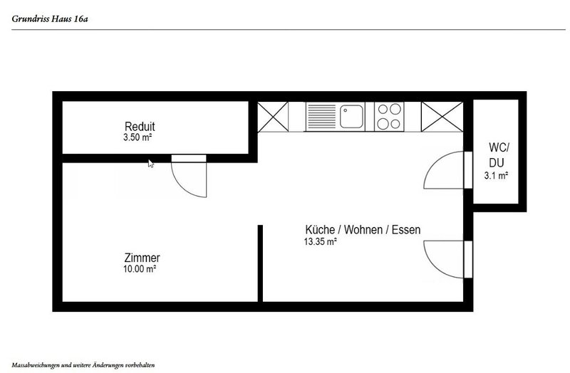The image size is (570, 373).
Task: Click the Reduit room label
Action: tap(140, 127)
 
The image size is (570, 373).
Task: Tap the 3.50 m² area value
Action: tap(138, 137)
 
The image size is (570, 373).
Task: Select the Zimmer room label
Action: tap(142, 258)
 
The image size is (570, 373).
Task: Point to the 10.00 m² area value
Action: tap(140, 269)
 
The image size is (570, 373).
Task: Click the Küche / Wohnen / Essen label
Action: tap(363, 229)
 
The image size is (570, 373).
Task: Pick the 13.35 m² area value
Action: tap(320, 241)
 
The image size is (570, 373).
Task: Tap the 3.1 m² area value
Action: tap(496, 176)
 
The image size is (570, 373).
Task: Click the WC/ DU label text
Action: tap(499, 155)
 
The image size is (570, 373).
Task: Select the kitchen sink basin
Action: tap(351, 117)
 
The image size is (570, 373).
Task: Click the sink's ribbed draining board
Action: tap(321, 117)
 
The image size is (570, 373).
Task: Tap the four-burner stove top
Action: tap(389, 117)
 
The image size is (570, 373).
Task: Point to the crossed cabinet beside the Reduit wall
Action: tap(273, 117)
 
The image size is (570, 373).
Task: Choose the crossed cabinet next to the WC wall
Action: tap(442, 117)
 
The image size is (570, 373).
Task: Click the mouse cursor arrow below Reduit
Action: tap(150, 164)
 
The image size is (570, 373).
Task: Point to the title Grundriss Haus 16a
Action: tap(50, 19)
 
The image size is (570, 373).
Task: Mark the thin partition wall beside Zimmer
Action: tap(260, 263)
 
